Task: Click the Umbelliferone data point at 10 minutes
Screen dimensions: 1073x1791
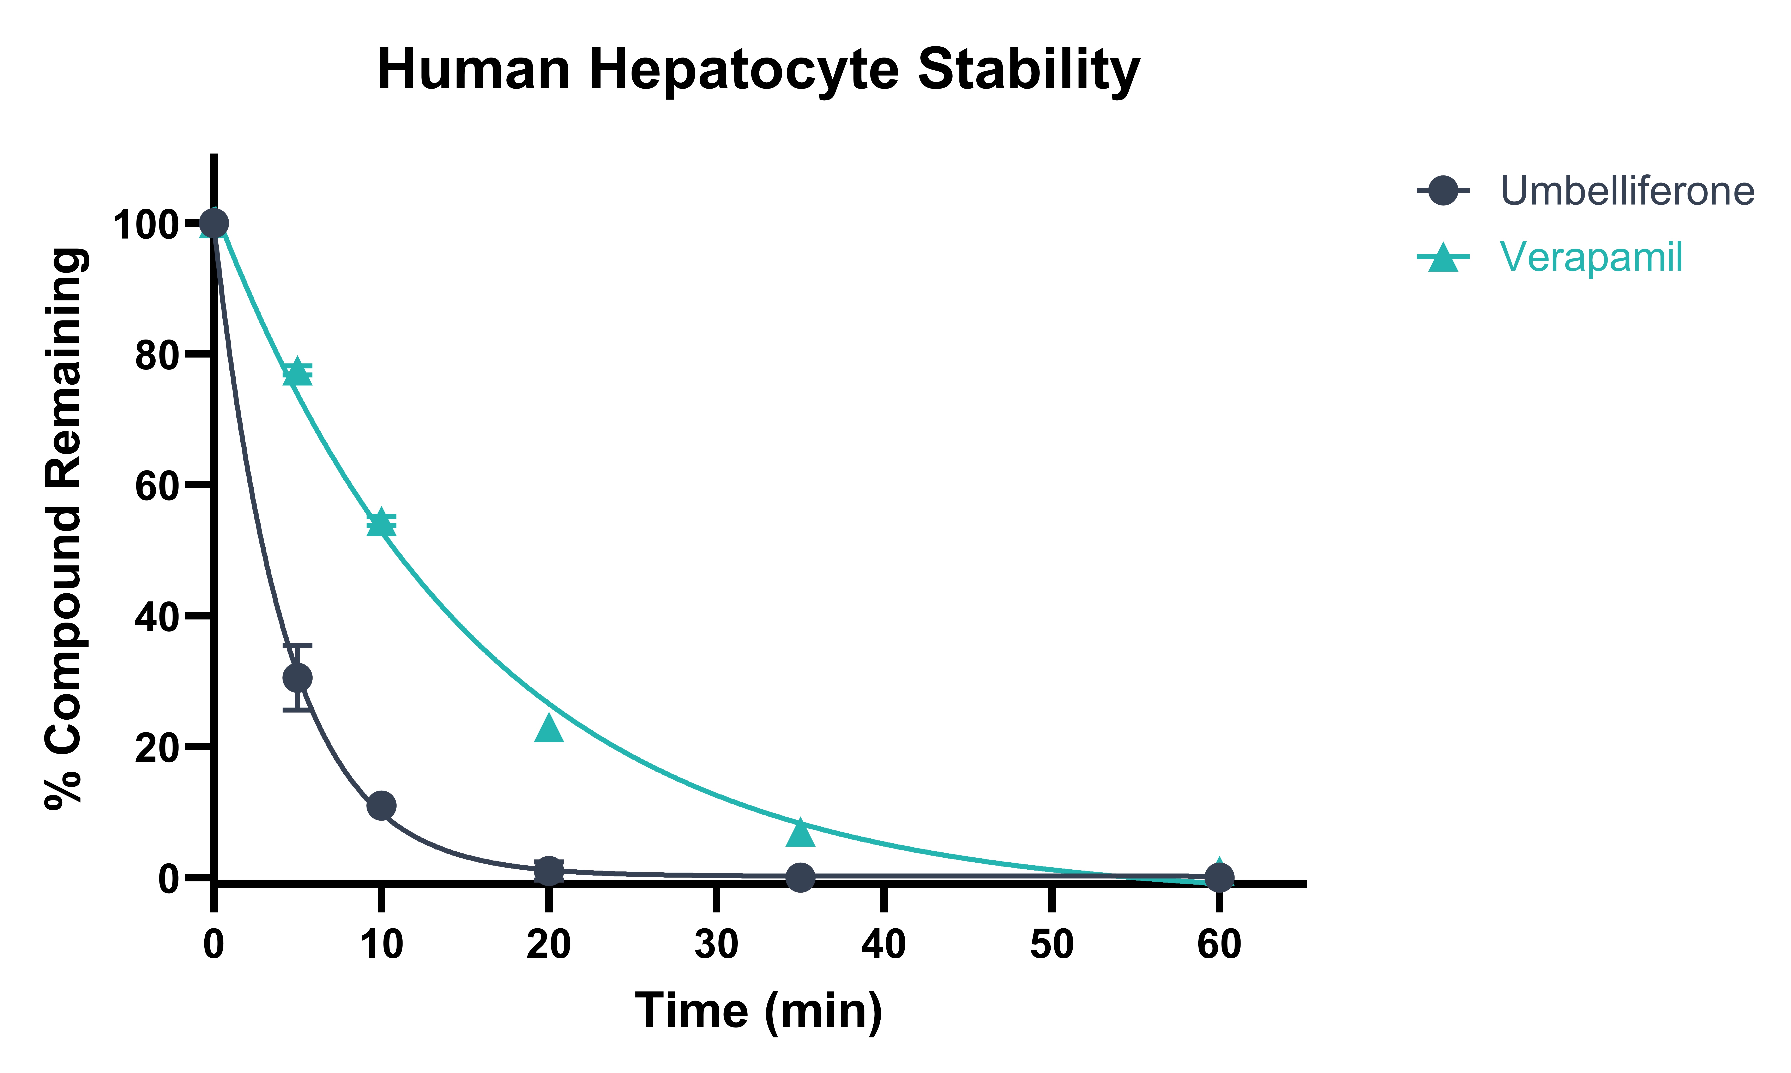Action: click(381, 805)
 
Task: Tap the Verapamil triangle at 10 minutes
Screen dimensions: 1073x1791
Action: click(381, 522)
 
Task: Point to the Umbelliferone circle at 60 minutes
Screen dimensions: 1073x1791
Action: click(1219, 877)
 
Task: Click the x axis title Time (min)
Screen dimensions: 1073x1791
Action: click(759, 1011)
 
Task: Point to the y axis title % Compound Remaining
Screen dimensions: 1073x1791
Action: click(65, 528)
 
